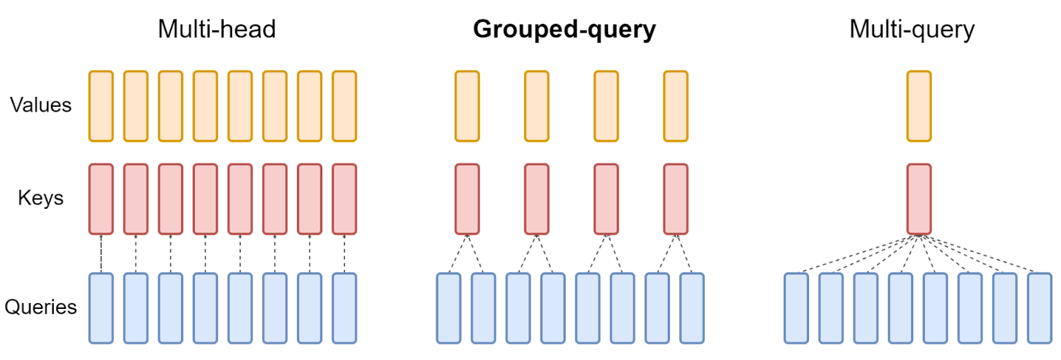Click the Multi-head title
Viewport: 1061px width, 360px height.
tap(216, 29)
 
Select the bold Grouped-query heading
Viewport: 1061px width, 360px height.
tap(564, 29)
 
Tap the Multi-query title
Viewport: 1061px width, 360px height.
tap(912, 29)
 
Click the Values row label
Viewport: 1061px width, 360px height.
tap(40, 105)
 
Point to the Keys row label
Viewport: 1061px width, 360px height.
tap(40, 198)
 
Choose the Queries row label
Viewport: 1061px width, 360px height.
tap(40, 307)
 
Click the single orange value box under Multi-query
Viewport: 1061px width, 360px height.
tap(918, 106)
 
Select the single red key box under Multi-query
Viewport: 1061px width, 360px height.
tap(918, 199)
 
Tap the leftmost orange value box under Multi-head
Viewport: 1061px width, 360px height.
tap(101, 106)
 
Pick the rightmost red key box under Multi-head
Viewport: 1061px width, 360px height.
tap(344, 199)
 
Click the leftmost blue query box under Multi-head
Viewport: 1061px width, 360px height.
tap(101, 308)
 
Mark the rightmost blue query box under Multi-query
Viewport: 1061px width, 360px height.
tap(1039, 308)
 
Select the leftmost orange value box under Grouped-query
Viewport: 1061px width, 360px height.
tap(467, 106)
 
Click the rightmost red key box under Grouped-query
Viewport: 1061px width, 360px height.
tap(676, 199)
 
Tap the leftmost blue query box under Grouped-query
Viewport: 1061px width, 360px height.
tap(449, 308)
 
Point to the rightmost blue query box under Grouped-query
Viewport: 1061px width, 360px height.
tap(692, 308)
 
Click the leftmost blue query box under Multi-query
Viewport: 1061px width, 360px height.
tap(796, 308)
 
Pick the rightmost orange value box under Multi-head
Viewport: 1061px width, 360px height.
tap(344, 106)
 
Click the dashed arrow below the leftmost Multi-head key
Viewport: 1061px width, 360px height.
tap(101, 253)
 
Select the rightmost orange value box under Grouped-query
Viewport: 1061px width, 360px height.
tap(676, 106)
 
